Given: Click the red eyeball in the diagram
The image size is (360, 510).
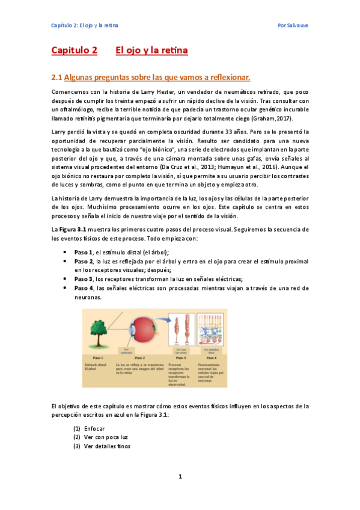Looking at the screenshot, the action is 138,331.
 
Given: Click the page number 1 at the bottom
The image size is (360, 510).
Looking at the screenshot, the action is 180,477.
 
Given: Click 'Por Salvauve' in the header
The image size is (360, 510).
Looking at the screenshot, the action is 293,26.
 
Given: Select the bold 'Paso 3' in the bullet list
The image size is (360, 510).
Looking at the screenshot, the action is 84,278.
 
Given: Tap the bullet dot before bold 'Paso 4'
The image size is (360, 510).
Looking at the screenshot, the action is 64,287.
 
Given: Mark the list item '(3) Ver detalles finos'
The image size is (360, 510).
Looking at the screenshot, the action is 102,446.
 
